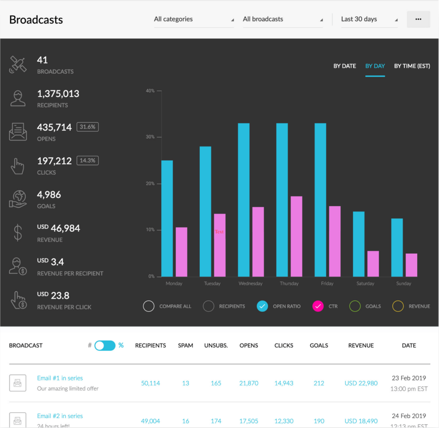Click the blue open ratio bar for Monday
coord(167,218)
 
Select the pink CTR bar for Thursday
coord(296,236)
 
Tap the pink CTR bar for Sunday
coord(411,265)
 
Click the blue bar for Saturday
coord(358,244)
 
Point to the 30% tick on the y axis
coord(150,137)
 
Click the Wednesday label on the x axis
coord(250,284)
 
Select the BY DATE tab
coord(345,66)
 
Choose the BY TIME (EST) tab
coord(412,66)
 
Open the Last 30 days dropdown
coord(369,19)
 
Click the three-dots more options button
coord(418,19)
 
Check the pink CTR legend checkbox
coord(318,306)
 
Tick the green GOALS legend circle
coord(355,306)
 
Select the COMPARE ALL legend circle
coord(149,306)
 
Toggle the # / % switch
coord(105,345)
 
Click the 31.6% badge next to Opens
coord(87,127)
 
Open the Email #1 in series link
coord(60,378)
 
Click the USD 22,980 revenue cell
coord(361,383)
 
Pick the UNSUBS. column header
coord(216,345)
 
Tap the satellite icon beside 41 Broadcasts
coord(18,64)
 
